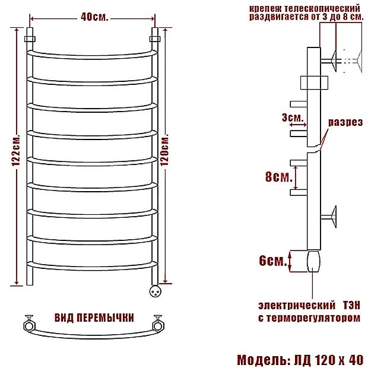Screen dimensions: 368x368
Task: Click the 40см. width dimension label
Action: (x=94, y=17)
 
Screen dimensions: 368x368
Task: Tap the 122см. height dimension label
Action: (x=16, y=150)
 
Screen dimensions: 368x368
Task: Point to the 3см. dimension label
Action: (x=293, y=118)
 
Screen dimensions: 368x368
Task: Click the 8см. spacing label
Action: (x=279, y=176)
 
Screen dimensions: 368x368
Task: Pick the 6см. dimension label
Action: (x=273, y=261)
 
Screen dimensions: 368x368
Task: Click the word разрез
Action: (x=345, y=122)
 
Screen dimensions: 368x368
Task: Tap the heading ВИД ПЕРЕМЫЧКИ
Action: (x=94, y=318)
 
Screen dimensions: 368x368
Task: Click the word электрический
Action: (x=297, y=305)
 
